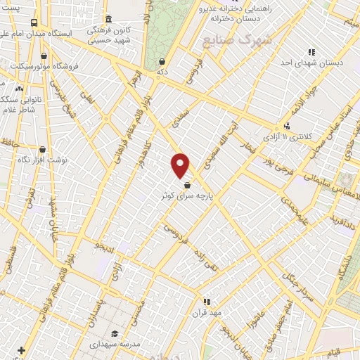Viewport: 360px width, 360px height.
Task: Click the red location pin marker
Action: [x=181, y=165]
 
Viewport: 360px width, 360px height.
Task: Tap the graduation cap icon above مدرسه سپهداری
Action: [x=114, y=334]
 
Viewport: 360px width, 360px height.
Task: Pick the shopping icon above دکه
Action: [x=162, y=61]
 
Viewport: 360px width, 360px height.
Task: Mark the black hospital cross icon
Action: [x=22, y=349]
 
